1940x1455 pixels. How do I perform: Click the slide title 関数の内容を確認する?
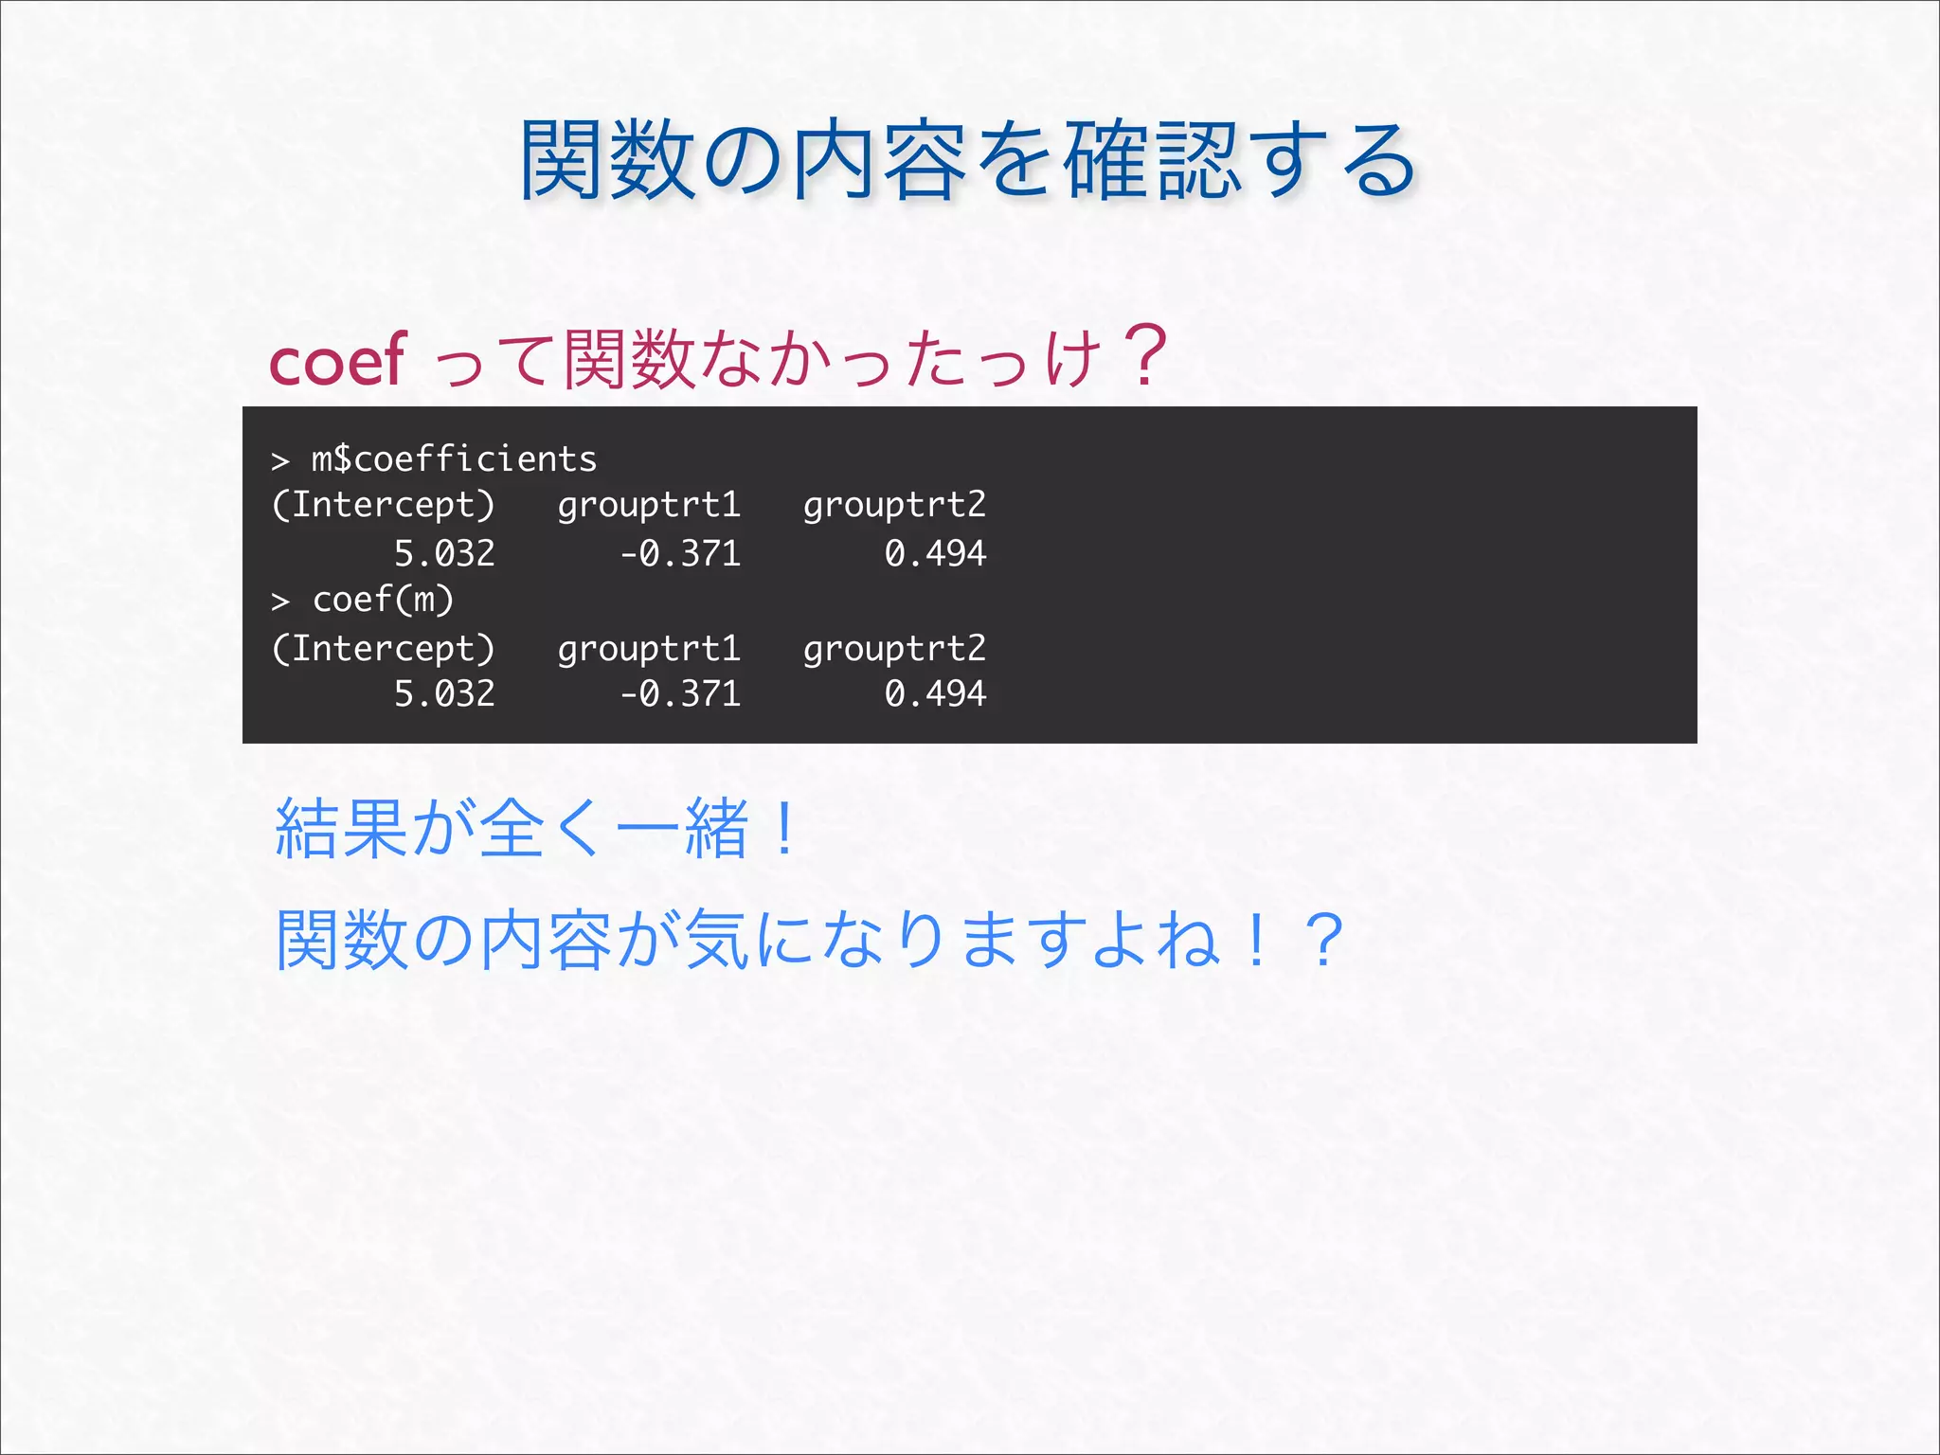click(x=968, y=161)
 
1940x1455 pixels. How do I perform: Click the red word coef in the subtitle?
click(x=337, y=361)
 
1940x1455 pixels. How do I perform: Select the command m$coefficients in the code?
click(x=454, y=459)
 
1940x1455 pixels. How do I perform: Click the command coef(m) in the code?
click(x=384, y=600)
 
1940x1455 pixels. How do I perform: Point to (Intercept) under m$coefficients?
click(x=383, y=505)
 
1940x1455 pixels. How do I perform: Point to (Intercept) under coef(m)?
click(x=383, y=649)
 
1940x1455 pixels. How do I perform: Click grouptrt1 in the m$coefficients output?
click(x=649, y=505)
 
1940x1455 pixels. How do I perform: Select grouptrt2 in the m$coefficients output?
click(x=894, y=505)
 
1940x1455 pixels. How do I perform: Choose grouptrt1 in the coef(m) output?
click(x=649, y=649)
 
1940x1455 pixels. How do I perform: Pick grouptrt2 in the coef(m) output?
click(x=894, y=649)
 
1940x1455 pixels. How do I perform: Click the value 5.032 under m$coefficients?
click(x=444, y=553)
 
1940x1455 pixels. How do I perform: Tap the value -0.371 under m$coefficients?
click(x=680, y=553)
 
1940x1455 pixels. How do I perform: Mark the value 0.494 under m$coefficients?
click(x=935, y=553)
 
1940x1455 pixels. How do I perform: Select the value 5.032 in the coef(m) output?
click(x=444, y=693)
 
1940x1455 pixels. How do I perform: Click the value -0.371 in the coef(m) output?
click(x=680, y=693)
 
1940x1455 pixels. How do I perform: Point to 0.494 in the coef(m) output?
click(x=935, y=693)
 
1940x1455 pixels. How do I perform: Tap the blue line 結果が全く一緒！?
click(x=535, y=829)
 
